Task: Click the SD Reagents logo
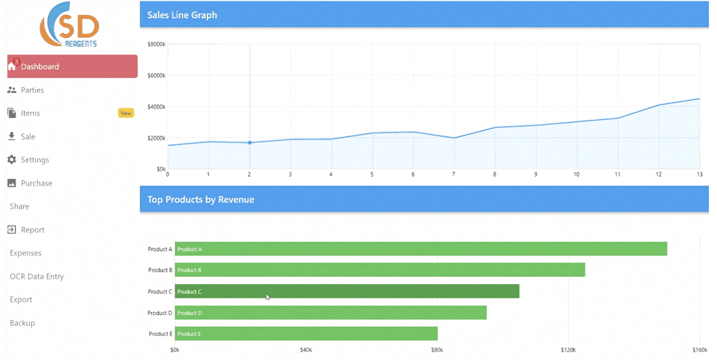coord(69,25)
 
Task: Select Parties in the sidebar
coord(32,90)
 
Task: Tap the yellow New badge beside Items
coord(125,113)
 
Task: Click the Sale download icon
coord(12,136)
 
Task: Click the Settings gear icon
coord(12,160)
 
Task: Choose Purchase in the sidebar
coord(36,183)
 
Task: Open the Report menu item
coord(32,230)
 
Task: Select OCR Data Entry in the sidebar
coord(37,277)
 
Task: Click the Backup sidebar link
coord(22,323)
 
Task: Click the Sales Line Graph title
coord(182,15)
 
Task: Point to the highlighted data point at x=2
coord(250,142)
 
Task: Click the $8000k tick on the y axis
coord(156,45)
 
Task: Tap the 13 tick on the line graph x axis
coord(699,175)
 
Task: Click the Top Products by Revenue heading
coord(201,200)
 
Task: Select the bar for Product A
coord(421,249)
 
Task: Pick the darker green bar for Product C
coord(347,292)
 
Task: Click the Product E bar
coord(306,334)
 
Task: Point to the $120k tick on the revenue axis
coord(568,351)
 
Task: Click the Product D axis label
coord(160,313)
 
